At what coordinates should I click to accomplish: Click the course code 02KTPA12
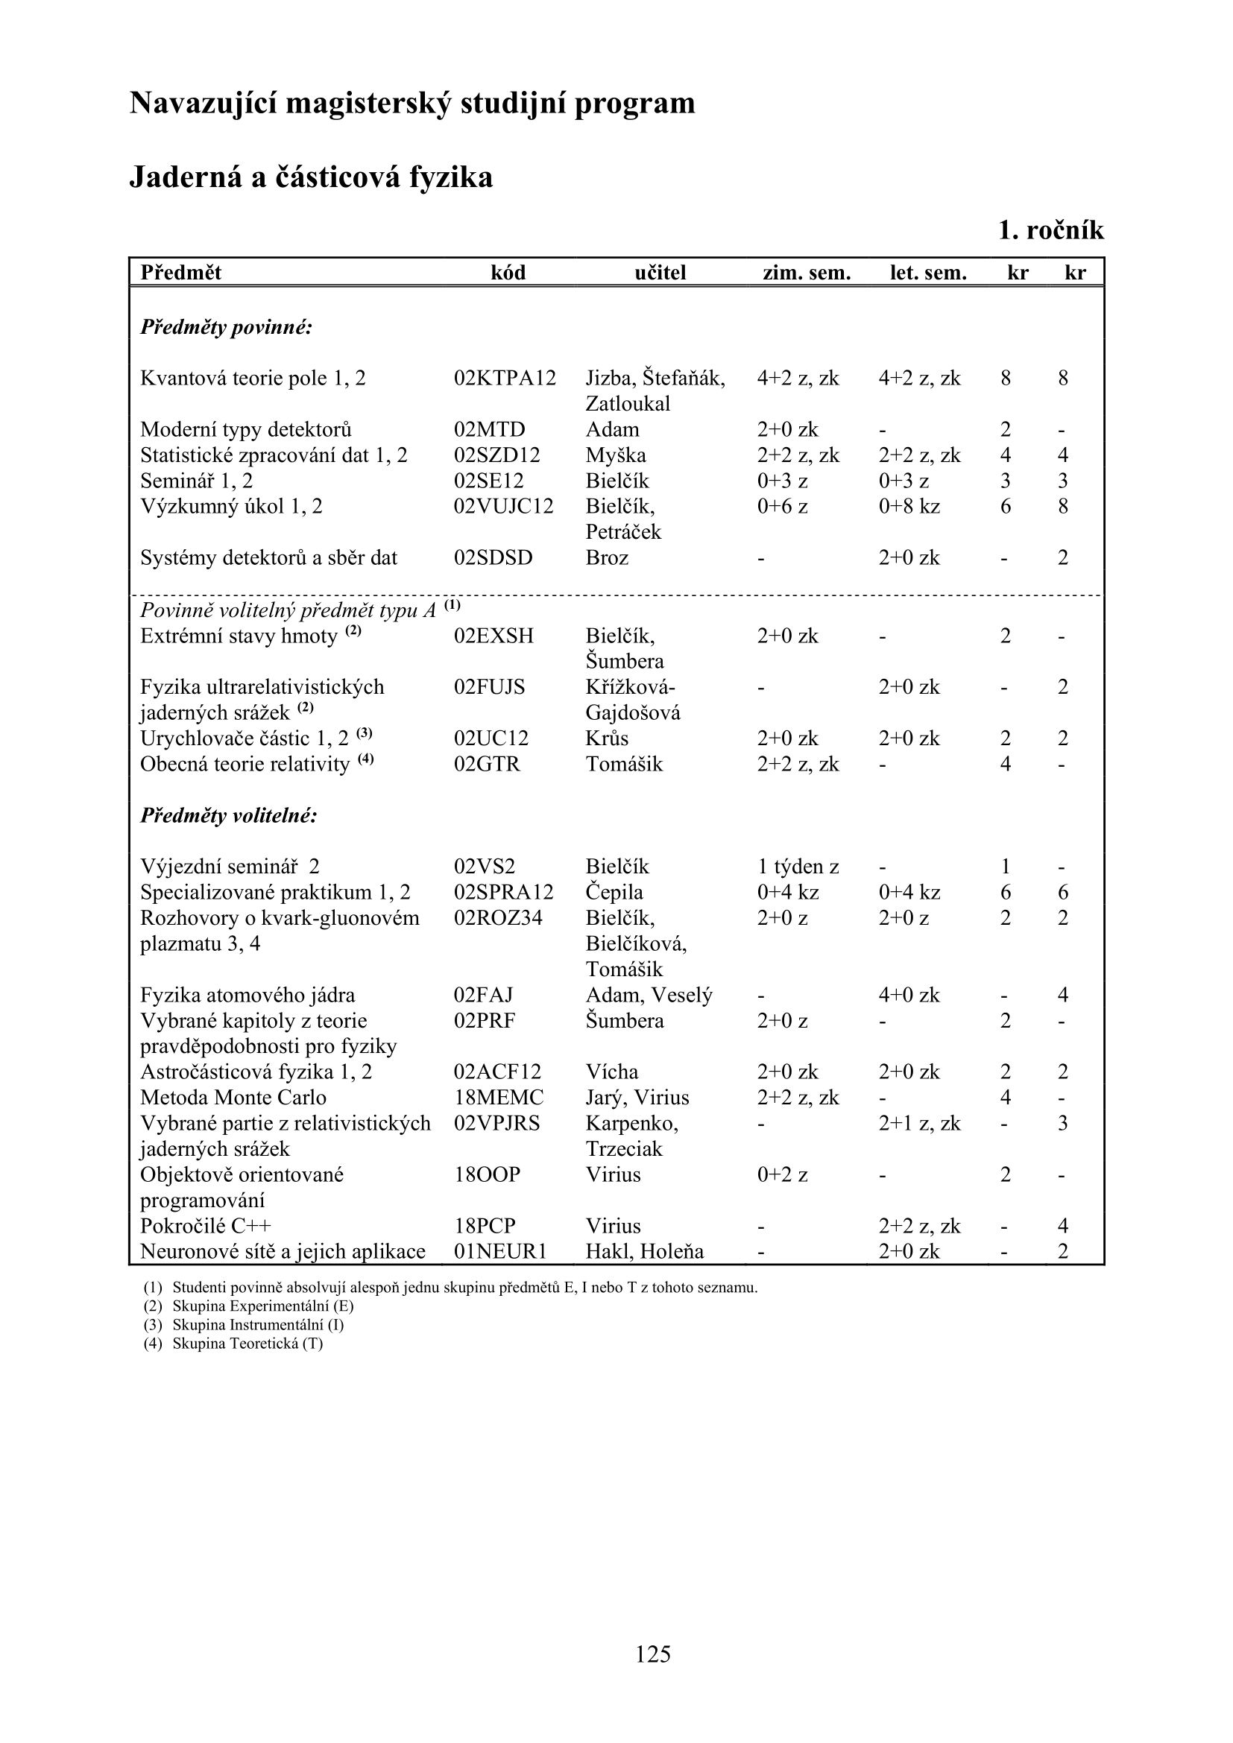(x=505, y=378)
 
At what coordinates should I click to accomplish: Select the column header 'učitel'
(x=660, y=273)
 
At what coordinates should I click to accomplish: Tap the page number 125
(x=653, y=1654)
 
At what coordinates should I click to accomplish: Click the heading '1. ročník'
(x=1051, y=230)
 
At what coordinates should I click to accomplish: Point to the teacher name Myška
(x=616, y=455)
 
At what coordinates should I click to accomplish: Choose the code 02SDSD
(x=493, y=558)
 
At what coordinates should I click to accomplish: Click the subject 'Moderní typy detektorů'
(x=246, y=430)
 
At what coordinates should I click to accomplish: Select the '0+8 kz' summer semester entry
(x=909, y=506)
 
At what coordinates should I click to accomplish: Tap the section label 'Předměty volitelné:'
(x=229, y=816)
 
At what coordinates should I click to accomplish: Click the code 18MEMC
(x=499, y=1098)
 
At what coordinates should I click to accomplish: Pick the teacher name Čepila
(x=614, y=892)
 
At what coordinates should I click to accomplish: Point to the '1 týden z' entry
(x=798, y=867)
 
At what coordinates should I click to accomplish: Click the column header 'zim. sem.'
(x=807, y=273)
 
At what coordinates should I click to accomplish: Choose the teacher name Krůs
(x=608, y=738)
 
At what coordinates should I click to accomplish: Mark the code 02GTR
(x=488, y=765)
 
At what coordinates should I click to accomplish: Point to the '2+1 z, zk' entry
(x=919, y=1124)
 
